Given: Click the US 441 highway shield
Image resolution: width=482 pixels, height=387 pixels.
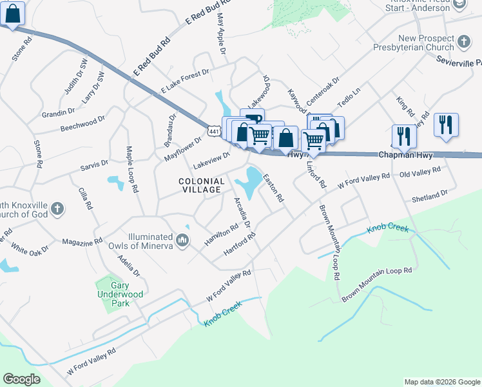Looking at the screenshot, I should pos(213,131).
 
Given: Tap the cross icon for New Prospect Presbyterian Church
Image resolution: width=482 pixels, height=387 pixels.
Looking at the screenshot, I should pos(463,43).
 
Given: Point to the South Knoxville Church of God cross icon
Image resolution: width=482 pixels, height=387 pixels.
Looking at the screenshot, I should pos(57,208).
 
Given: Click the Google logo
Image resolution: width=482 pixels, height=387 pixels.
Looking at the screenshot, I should pos(22,379).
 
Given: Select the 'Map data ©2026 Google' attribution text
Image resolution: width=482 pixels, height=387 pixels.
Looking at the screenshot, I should pos(441,382).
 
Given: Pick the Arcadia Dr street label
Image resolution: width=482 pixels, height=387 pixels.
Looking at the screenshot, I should pos(242,212).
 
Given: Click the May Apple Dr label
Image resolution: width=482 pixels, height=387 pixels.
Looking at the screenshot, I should pos(222,34).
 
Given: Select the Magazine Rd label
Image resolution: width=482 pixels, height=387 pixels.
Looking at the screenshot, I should pos(82,242).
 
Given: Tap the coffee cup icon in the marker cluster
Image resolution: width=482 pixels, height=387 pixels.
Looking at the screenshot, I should pos(253,118).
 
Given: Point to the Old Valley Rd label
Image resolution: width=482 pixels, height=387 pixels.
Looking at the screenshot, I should pos(419,172).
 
